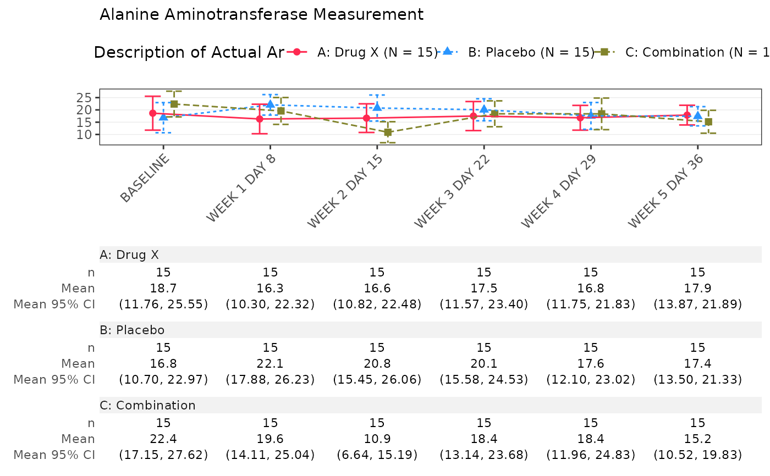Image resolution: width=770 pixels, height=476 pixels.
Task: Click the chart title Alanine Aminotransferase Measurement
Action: [x=261, y=15]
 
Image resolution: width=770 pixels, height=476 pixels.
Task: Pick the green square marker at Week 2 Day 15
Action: [x=388, y=132]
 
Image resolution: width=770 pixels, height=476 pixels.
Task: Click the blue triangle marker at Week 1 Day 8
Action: [x=270, y=104]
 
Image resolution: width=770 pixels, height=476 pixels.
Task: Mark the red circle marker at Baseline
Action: [x=153, y=113]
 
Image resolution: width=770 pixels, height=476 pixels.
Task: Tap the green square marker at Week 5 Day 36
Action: [x=708, y=121]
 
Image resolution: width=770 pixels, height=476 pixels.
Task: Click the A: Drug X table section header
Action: [x=129, y=254]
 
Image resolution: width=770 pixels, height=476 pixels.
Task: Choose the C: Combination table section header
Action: [x=147, y=406]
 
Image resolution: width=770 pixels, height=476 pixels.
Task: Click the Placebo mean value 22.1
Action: [x=270, y=363]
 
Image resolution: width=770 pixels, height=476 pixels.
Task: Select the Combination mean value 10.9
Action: [x=377, y=439]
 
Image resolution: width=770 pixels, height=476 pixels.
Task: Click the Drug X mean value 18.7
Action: [x=163, y=288]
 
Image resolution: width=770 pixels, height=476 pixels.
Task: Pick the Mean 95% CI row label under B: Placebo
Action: [x=54, y=379]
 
